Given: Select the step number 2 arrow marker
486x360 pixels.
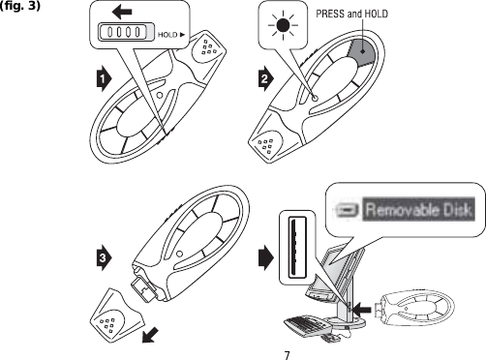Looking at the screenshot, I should [263, 79].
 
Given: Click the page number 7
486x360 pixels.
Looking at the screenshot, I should [287, 351].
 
